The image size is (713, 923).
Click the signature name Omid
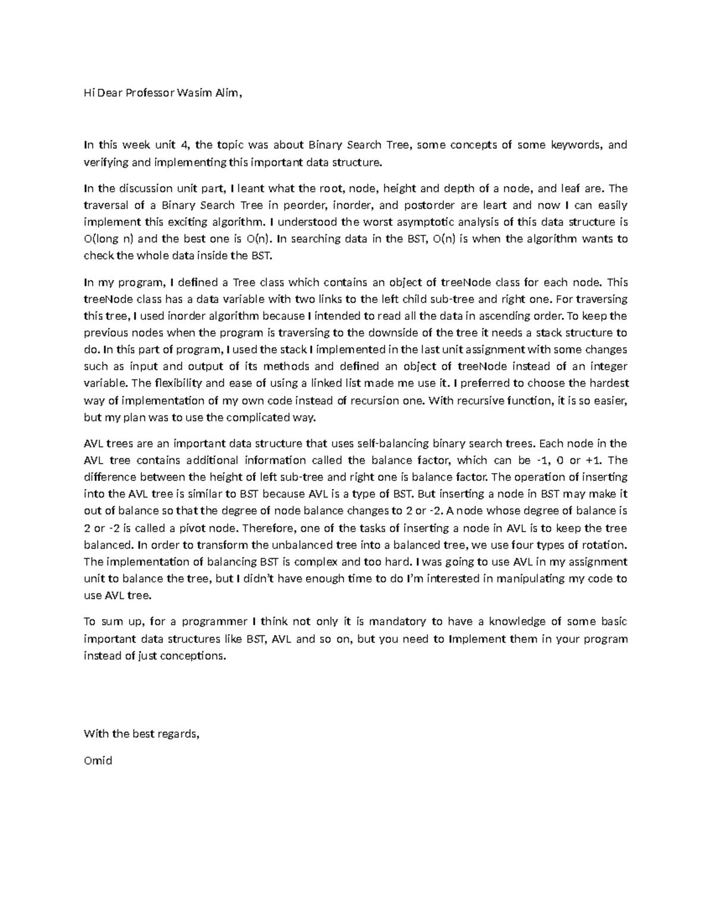click(98, 761)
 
